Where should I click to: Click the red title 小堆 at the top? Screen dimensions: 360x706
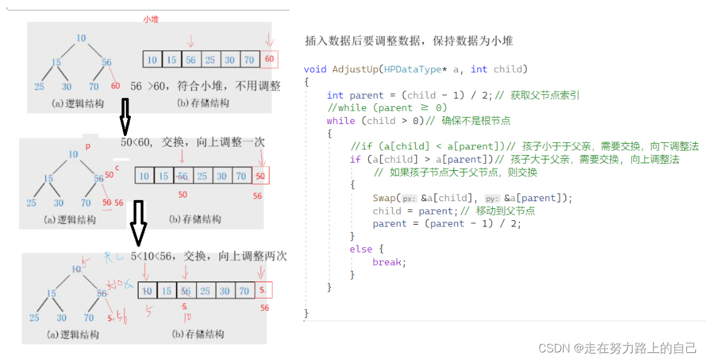(151, 20)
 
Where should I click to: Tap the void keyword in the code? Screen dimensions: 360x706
(316, 69)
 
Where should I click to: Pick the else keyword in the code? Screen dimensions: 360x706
(361, 249)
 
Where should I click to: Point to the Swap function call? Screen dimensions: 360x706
(385, 198)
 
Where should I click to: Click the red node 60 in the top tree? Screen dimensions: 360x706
(116, 86)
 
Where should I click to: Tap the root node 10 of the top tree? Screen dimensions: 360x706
(81, 38)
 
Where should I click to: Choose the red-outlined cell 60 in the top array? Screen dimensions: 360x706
(269, 60)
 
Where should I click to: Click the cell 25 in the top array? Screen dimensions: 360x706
(210, 60)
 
